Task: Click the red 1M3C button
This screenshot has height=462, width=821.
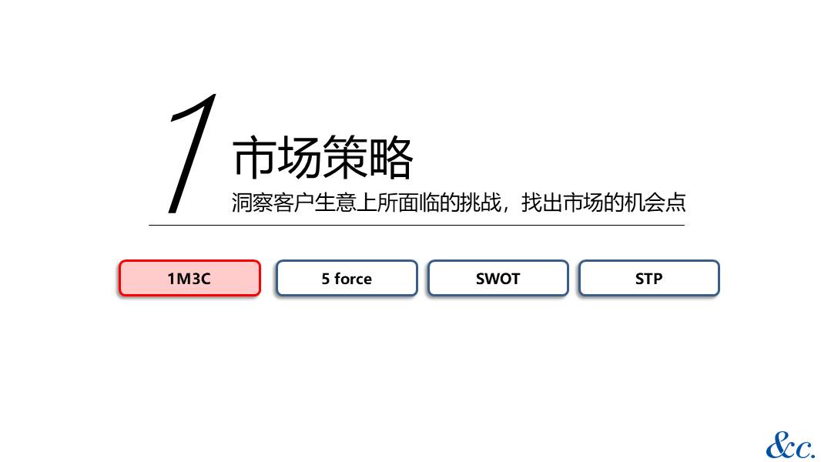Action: (x=189, y=278)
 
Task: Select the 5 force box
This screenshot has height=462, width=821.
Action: (x=347, y=278)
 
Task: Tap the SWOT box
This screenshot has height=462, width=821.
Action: (x=498, y=278)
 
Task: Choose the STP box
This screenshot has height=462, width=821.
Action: (x=648, y=278)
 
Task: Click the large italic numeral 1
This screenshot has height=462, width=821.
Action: (x=192, y=153)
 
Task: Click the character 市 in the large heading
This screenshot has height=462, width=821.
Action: (x=254, y=157)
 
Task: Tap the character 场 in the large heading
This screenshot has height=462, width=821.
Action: (x=300, y=157)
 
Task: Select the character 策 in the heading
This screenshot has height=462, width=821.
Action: (x=345, y=157)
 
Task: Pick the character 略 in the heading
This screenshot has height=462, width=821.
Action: (x=390, y=157)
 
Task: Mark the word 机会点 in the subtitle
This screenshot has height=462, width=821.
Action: (x=655, y=203)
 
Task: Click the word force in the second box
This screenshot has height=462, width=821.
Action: (x=353, y=278)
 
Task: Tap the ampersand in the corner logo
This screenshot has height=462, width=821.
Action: (x=779, y=446)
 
